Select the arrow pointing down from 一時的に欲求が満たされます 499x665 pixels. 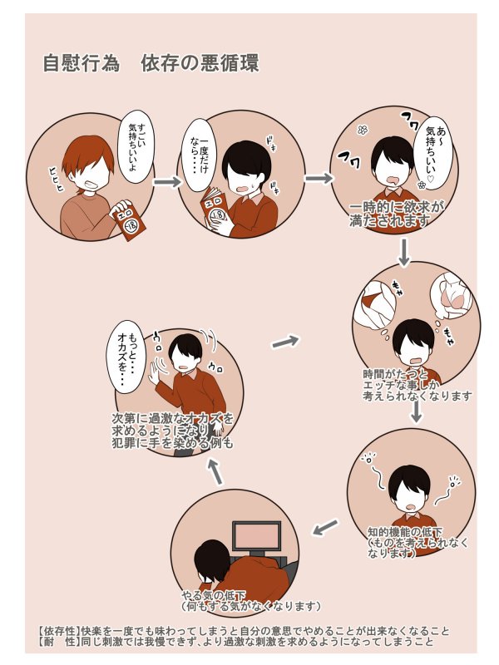[x=404, y=251]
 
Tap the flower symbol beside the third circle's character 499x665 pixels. [x=361, y=130]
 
